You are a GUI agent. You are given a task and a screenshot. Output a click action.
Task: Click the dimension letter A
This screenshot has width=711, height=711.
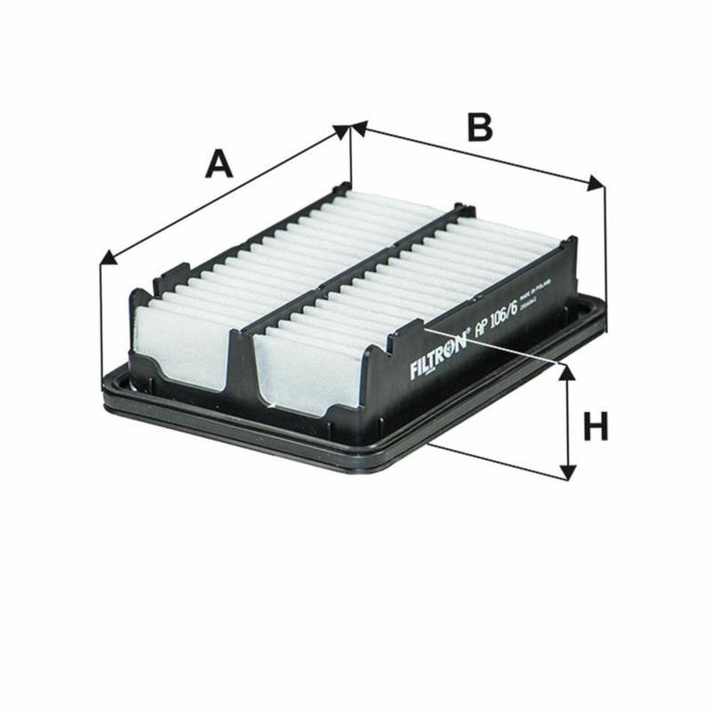coord(219,164)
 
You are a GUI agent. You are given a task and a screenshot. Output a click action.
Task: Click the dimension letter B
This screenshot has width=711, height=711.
coord(479,127)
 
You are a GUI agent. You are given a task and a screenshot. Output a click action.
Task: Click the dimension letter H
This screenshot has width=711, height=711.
coord(595,427)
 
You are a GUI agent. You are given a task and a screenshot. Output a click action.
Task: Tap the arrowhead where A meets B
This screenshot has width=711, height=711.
coord(349,130)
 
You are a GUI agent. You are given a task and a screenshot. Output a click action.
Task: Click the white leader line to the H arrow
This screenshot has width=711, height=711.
coord(498,347)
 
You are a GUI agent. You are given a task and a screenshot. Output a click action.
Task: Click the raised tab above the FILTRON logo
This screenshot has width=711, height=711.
coord(404,333)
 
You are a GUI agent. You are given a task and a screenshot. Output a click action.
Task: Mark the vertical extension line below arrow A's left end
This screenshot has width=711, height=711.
coord(101,320)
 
